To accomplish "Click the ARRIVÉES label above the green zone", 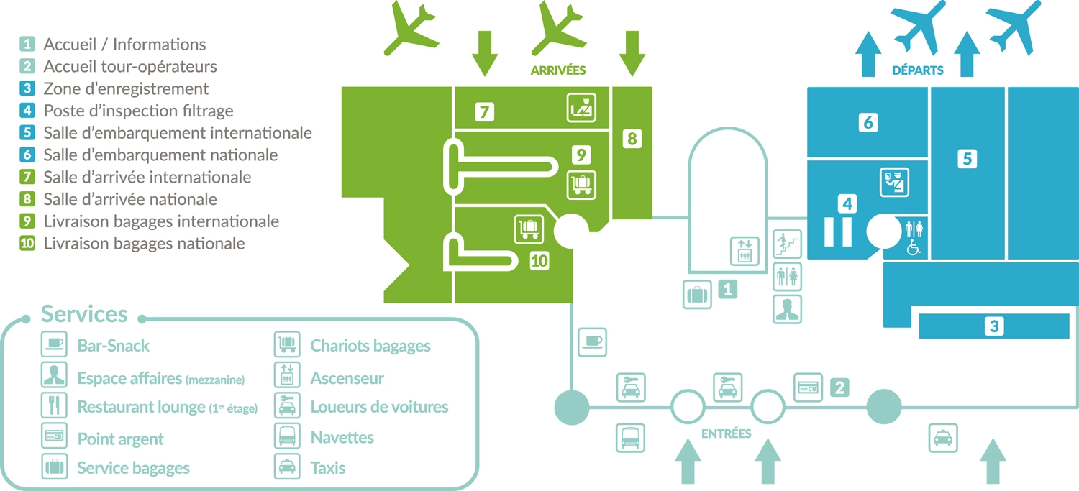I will tap(557, 70).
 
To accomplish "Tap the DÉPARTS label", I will tap(917, 70).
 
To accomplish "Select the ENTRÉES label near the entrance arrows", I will tap(726, 433).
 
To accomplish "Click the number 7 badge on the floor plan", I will tap(484, 111).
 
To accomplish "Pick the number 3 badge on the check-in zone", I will tap(994, 326).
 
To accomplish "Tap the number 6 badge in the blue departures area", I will tap(868, 123).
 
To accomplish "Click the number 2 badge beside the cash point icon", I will tap(839, 387).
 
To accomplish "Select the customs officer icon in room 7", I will tap(581, 108).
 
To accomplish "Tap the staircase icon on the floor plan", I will tap(787, 244).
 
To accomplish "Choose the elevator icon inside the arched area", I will tap(745, 251).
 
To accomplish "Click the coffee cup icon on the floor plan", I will tap(592, 342).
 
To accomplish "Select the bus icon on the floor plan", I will tap(630, 437).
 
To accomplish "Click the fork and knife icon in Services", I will tap(54, 406).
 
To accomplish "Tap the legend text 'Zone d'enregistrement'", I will tap(126, 89).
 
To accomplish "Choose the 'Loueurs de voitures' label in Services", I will tap(379, 407).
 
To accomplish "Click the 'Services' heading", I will tap(84, 314).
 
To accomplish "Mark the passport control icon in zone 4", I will tap(894, 181).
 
